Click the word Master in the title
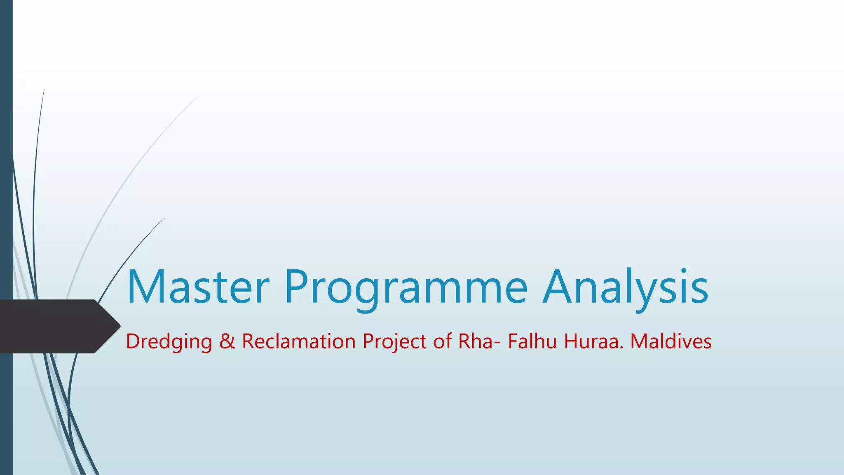(198, 287)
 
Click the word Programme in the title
(406, 287)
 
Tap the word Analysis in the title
(625, 287)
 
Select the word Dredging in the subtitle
(169, 342)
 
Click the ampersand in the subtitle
(227, 342)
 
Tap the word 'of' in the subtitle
(442, 342)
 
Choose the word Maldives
(671, 342)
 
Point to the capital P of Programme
(296, 287)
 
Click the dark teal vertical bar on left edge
(6, 165)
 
